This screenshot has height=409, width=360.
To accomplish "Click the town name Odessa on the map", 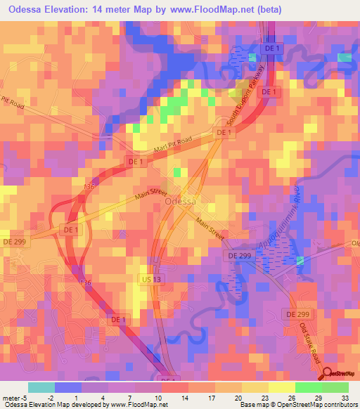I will [180, 202].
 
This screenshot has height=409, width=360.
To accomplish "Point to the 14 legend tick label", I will [186, 397].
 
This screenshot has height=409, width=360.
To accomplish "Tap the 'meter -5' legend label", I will [15, 397].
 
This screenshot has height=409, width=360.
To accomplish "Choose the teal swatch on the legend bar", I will [42, 387].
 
